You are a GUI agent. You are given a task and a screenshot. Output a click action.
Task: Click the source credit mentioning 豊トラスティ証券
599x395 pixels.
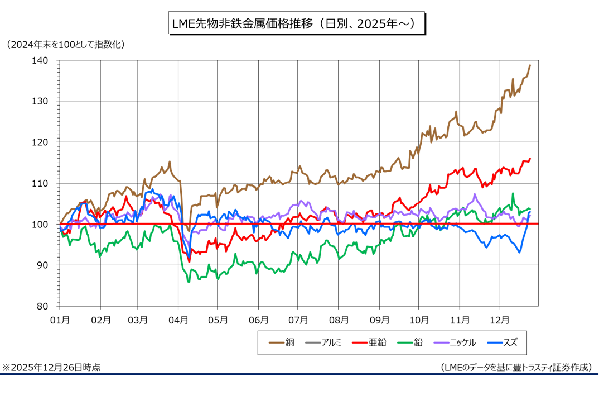pyautogui.click(x=516, y=367)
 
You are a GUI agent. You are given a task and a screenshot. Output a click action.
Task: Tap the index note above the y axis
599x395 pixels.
pyautogui.click(x=65, y=44)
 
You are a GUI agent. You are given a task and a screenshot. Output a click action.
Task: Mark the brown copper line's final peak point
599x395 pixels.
pyautogui.click(x=530, y=65)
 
